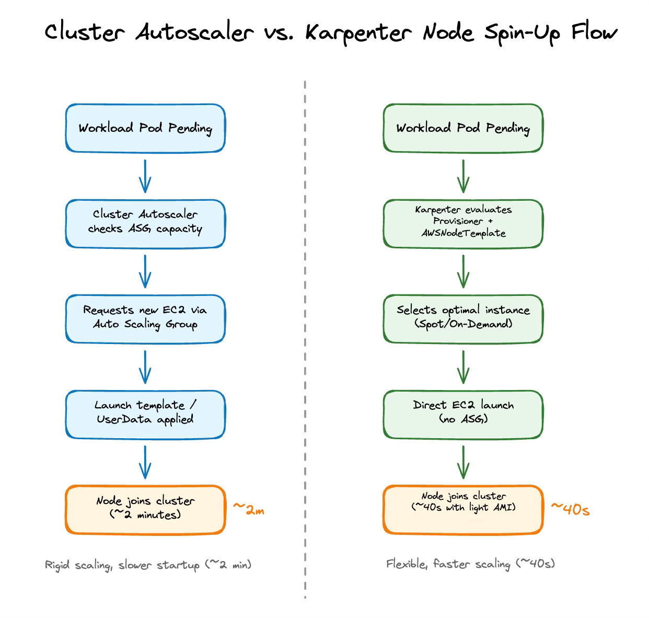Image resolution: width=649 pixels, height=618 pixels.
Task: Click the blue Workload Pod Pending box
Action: [145, 129]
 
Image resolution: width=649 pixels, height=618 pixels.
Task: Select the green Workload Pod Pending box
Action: [463, 129]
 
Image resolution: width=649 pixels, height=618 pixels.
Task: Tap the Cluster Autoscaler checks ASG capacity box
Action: [145, 224]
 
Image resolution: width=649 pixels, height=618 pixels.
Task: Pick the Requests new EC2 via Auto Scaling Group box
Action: [145, 319]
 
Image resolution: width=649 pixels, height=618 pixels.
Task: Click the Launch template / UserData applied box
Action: [145, 414]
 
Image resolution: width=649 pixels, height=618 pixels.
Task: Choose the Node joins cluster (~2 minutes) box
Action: [145, 509]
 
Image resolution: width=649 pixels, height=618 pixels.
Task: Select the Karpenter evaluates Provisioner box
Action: [463, 224]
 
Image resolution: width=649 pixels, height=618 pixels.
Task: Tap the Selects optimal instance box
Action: [463, 319]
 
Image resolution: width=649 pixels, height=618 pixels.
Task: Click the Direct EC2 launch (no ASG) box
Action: [463, 414]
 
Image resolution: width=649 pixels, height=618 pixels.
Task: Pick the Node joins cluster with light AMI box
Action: [463, 509]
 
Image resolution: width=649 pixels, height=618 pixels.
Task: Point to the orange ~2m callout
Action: [249, 509]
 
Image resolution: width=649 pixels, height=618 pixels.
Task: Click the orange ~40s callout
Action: [570, 509]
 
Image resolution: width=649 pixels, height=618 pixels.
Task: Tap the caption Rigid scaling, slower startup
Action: [148, 565]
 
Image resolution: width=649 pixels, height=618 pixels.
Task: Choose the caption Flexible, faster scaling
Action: [470, 564]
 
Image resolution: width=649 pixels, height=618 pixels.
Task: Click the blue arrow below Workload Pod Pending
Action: [145, 176]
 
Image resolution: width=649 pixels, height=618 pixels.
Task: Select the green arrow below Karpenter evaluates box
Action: [463, 271]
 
